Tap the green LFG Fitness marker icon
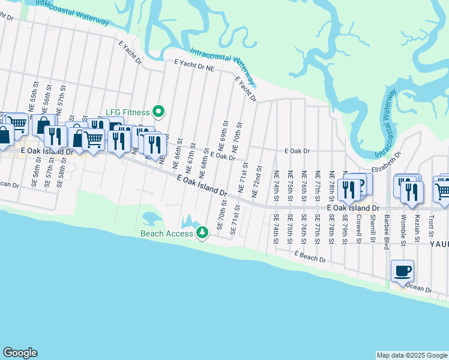coord(158,111)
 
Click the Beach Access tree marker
coord(203,232)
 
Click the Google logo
coord(20,353)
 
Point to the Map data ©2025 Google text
coord(411,355)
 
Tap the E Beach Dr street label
coord(310,257)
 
